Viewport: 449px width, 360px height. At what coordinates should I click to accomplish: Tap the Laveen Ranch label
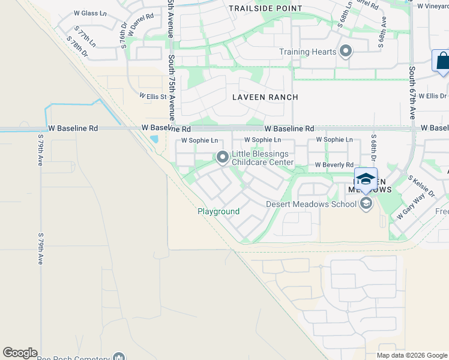click(265, 97)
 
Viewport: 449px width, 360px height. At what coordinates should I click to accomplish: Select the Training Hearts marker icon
click(345, 52)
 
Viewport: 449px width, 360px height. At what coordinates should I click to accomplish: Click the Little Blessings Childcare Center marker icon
click(223, 158)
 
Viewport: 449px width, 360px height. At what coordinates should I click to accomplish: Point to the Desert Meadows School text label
click(312, 204)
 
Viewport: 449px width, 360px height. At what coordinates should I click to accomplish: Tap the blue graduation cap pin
click(366, 179)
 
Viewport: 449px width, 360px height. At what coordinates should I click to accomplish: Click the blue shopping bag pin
click(442, 61)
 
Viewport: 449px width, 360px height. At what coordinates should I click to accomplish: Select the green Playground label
click(218, 212)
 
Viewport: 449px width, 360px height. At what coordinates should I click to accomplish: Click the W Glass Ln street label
click(89, 13)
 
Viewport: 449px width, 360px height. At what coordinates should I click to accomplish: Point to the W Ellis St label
click(152, 95)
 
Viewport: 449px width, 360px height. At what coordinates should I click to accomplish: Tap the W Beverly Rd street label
click(334, 165)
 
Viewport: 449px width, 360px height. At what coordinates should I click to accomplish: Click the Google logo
click(20, 353)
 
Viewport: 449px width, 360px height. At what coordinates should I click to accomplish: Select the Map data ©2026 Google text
click(412, 355)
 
